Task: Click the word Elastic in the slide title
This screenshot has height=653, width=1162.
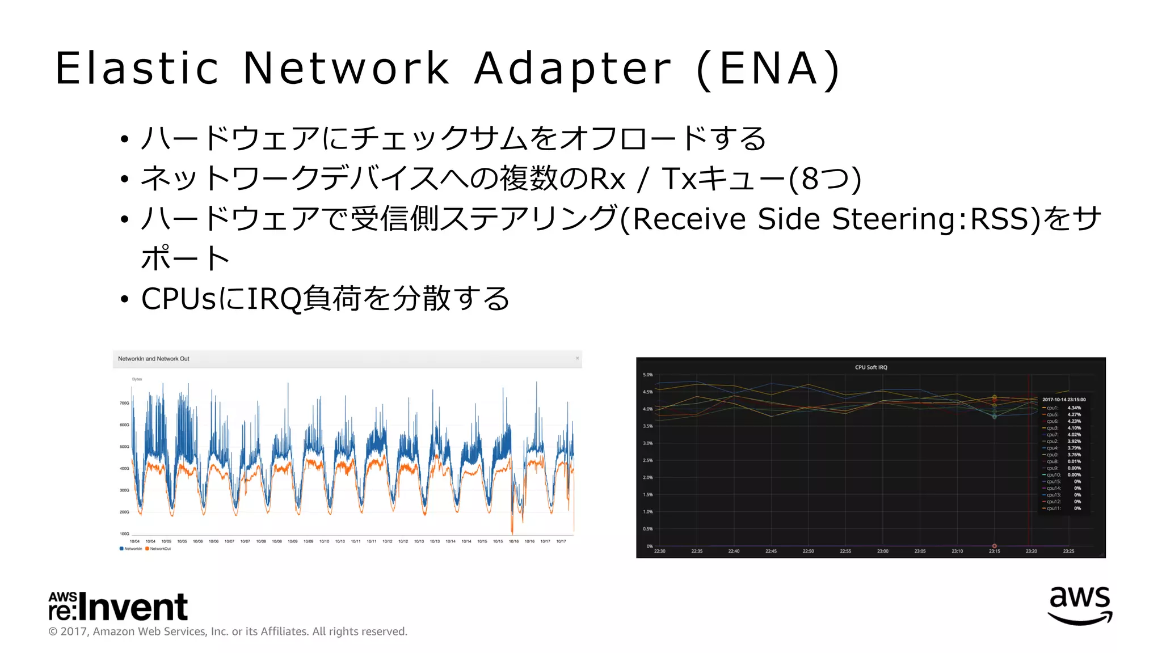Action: [x=137, y=69]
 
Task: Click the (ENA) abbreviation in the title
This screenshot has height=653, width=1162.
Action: [x=768, y=69]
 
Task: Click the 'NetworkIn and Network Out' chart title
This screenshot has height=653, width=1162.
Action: [x=154, y=359]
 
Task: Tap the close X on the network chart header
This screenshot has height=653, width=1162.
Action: [x=577, y=358]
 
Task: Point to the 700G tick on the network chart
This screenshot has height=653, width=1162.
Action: [x=124, y=403]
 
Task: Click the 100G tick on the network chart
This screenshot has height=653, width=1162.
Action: [x=124, y=534]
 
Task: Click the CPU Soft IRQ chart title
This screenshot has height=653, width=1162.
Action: [x=871, y=367]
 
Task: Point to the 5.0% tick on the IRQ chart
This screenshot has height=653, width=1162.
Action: [x=647, y=375]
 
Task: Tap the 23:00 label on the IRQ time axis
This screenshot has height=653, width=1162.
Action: [x=883, y=551]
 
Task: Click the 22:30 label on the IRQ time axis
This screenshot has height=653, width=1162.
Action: [x=660, y=551]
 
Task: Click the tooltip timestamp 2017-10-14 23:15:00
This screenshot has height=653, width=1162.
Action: [x=1064, y=400]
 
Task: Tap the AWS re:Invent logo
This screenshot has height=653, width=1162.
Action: [x=118, y=607]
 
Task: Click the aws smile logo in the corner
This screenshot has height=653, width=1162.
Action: [x=1080, y=605]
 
